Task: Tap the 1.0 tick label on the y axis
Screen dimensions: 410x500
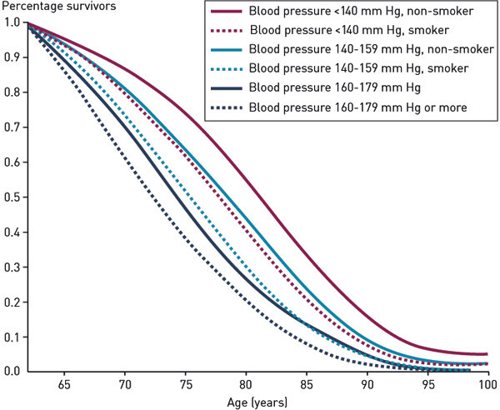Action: [x=12, y=23]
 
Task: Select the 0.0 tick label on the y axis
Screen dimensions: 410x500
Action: [x=12, y=371]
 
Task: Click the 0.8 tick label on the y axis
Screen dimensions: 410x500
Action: [x=12, y=92]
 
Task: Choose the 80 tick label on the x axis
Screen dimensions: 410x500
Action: [x=245, y=385]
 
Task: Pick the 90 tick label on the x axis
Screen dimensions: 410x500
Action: [x=367, y=385]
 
